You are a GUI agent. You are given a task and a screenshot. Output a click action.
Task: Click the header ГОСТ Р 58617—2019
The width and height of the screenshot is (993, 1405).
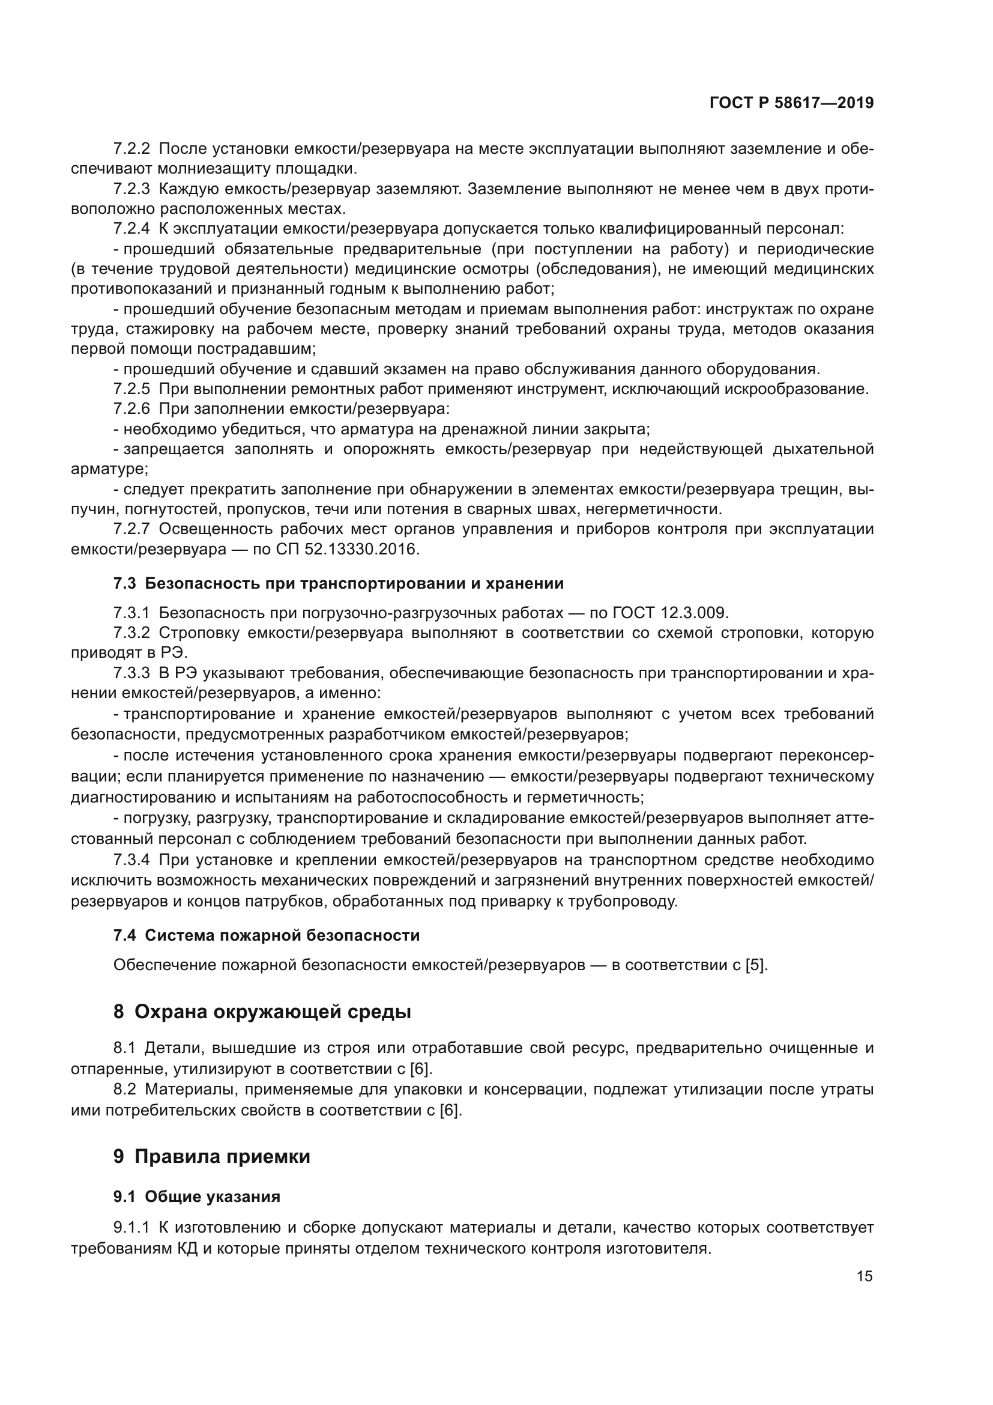pyautogui.click(x=791, y=103)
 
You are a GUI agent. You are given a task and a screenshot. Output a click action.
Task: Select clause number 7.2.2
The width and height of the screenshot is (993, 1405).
pyautogui.click(x=131, y=149)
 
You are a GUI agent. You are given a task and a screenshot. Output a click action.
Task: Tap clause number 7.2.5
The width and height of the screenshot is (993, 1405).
pyautogui.click(x=131, y=389)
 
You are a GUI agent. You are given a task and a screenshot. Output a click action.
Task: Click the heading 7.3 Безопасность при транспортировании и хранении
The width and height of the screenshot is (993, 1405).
pyautogui.click(x=338, y=583)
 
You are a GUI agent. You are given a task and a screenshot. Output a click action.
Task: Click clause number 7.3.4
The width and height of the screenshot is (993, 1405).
pyautogui.click(x=131, y=860)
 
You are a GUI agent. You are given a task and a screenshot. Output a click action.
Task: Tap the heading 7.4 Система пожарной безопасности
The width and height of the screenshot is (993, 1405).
pyautogui.click(x=267, y=935)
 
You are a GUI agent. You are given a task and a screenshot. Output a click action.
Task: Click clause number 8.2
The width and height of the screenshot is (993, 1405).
pyautogui.click(x=124, y=1089)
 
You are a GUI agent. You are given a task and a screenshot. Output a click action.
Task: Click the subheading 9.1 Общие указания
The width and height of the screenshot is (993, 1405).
pyautogui.click(x=196, y=1197)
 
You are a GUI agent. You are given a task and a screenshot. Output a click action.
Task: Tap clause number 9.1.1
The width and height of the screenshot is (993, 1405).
pyautogui.click(x=131, y=1228)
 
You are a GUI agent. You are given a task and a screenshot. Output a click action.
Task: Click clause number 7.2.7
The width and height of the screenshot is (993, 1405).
pyautogui.click(x=131, y=529)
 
